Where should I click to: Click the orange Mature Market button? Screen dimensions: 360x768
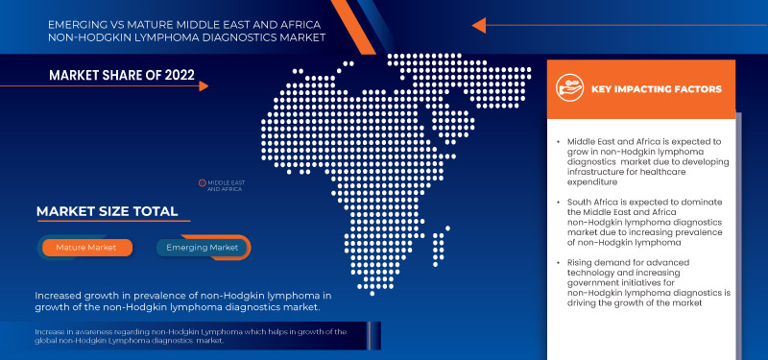coord(86,248)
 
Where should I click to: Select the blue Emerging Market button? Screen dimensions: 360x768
coord(204,248)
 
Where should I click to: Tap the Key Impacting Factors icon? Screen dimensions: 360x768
coord(569,89)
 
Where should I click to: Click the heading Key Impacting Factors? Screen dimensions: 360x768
coord(657,89)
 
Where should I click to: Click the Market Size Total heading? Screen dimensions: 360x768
coord(107,211)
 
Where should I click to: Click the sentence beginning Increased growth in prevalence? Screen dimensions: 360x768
coord(182,301)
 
